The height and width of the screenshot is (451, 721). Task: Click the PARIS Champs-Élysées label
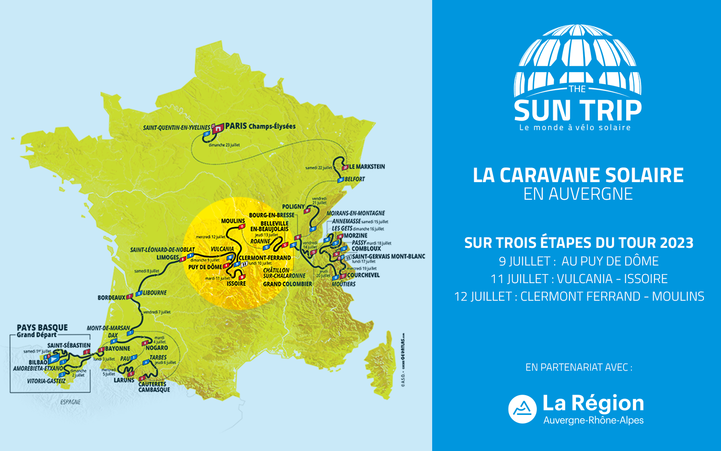(260, 126)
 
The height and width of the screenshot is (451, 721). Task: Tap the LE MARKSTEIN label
(367, 167)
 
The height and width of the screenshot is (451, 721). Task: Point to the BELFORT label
(355, 179)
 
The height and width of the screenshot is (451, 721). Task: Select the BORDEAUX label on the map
(112, 298)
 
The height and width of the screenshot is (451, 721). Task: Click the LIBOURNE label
(155, 293)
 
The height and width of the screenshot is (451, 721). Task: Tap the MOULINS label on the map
(233, 221)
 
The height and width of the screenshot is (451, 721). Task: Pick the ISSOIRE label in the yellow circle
(236, 283)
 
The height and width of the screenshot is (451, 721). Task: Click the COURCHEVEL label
(363, 275)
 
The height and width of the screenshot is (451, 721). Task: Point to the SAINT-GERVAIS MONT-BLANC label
(388, 256)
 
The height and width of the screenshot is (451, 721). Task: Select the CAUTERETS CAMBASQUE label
(154, 387)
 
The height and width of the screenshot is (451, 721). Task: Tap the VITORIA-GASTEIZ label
(46, 381)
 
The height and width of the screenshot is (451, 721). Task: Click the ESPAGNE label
(70, 402)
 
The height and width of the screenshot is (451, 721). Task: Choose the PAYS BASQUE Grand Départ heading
(42, 331)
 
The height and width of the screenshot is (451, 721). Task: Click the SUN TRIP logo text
(578, 110)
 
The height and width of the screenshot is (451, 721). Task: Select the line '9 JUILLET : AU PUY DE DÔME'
(579, 261)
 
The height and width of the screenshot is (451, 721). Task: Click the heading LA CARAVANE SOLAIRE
(578, 175)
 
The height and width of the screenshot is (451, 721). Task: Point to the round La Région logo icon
(522, 409)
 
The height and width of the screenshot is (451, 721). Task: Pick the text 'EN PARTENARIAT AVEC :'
(579, 367)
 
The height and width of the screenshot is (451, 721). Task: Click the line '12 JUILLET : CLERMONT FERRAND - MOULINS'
(579, 296)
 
